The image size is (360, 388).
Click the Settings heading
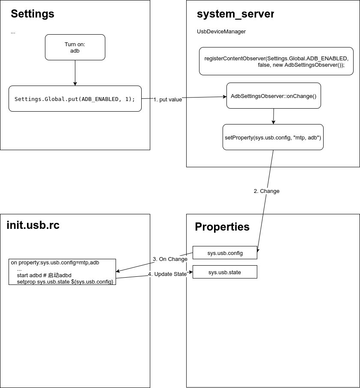point(33,14)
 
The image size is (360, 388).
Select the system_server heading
point(235,14)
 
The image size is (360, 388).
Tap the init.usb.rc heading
point(33,225)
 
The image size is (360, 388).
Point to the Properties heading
point(222,227)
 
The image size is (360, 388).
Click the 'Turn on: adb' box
point(75,47)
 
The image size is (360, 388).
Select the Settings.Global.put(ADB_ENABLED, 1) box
point(75,99)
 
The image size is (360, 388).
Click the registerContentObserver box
point(276,61)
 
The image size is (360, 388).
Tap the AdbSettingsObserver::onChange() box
point(274,96)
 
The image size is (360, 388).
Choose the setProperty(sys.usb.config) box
point(273,137)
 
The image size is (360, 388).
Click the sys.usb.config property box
point(225,253)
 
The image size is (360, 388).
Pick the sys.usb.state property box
point(225,272)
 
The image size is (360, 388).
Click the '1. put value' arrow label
point(168,100)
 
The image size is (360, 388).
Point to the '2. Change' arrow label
point(266,191)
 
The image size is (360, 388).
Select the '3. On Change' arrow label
point(170,259)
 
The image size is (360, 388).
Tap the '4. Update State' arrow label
point(167,274)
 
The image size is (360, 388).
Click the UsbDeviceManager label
point(221,32)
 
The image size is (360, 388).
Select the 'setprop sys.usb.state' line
point(65,282)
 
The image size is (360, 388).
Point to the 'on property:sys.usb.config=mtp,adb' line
point(55,263)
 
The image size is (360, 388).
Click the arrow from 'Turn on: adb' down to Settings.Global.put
point(75,73)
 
